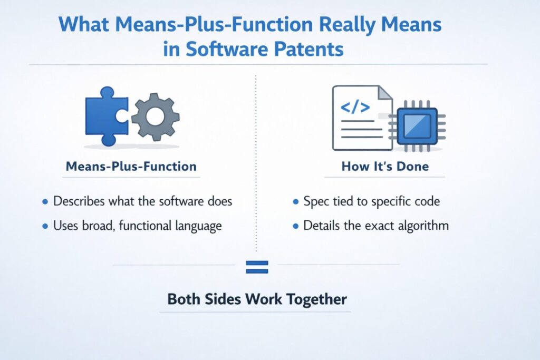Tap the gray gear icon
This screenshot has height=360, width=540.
pos(156,116)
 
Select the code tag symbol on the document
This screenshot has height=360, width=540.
pos(355,107)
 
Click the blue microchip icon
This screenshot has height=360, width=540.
pos(417,126)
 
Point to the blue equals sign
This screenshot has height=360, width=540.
pos(257,267)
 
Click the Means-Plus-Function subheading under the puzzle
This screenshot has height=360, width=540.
pos(131,166)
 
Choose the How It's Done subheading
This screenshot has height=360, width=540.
pos(385,166)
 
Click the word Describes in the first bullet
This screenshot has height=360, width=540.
pos(79,201)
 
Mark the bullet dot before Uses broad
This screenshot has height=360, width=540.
pos(45,227)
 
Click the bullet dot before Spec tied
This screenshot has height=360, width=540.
pos(295,202)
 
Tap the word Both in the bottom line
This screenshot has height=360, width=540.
pos(184,299)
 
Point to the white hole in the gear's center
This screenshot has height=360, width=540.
pos(156,116)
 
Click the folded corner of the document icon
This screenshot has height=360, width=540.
pos(384,92)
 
